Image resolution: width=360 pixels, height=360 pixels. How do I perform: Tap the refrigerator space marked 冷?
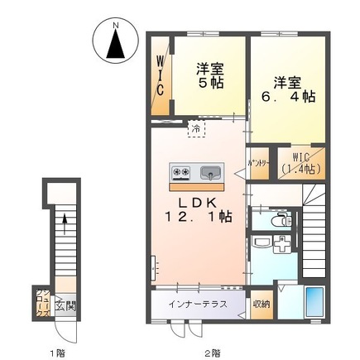click(x=196, y=130)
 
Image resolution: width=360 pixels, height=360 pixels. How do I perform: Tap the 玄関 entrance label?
click(x=63, y=305)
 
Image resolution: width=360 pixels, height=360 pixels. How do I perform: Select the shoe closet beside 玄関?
click(x=41, y=303)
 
